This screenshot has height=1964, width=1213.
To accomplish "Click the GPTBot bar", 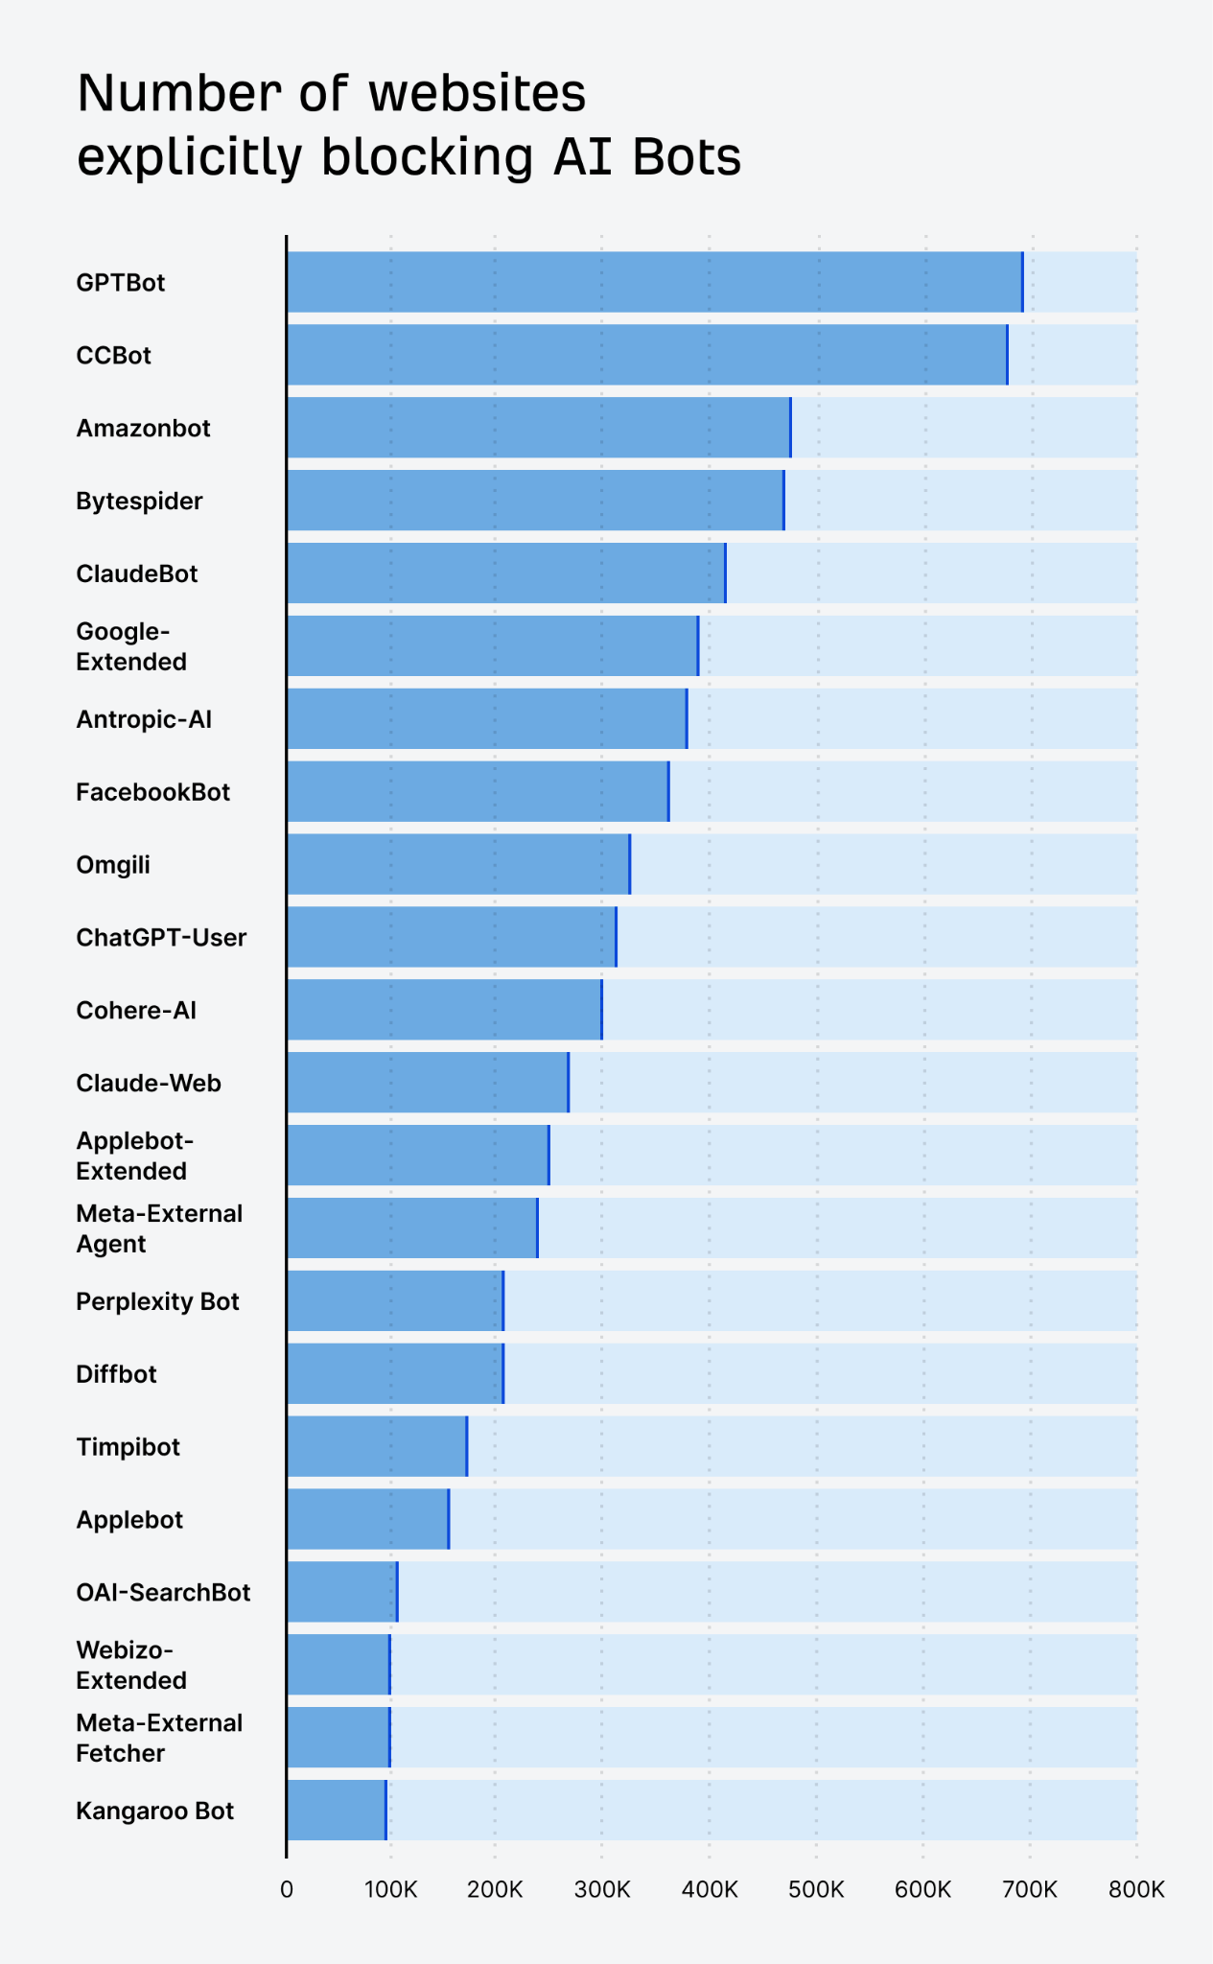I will [655, 282].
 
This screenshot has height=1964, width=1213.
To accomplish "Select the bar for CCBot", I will [647, 355].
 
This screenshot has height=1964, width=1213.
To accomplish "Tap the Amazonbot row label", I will [144, 428].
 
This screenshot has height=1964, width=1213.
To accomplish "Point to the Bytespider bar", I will [535, 501].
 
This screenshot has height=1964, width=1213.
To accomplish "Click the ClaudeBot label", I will [137, 573].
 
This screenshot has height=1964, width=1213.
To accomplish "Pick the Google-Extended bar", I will [493, 646].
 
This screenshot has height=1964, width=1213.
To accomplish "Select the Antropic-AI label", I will [144, 719].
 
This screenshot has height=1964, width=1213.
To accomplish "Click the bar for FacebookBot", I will [478, 792].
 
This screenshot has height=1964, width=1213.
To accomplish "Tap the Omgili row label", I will [113, 865].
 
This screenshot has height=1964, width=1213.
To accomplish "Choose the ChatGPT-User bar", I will [452, 937].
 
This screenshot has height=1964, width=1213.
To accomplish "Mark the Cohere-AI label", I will [136, 1010].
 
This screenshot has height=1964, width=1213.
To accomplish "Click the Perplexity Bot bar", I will [395, 1301].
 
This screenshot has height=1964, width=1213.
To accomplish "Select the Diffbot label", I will [116, 1374].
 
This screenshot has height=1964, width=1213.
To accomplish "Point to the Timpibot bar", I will [377, 1446].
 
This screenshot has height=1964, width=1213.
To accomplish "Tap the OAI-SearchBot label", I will [163, 1592].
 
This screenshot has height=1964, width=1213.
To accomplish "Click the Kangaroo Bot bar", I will [337, 1811].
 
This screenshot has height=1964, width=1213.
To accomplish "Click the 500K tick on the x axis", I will [816, 1890].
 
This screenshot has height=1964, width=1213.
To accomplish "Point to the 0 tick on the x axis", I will [287, 1890].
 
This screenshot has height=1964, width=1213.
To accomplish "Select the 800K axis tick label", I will [1136, 1890].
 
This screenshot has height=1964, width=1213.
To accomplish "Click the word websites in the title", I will [478, 94].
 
